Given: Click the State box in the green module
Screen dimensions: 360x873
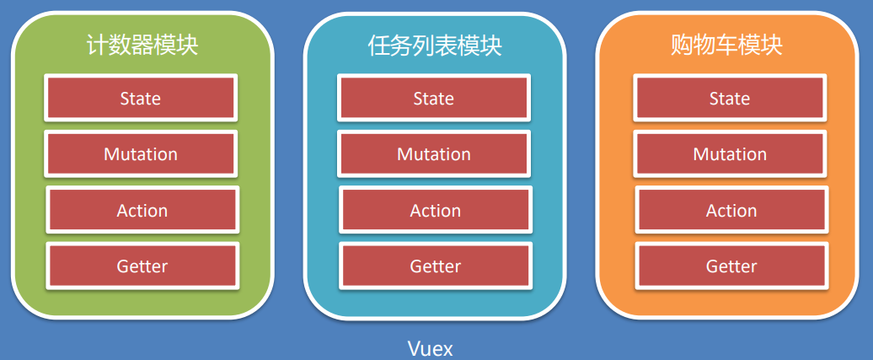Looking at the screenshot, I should (x=141, y=98).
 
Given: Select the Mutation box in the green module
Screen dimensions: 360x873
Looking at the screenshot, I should (x=141, y=153).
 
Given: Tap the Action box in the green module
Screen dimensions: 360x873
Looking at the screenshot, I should (x=142, y=210).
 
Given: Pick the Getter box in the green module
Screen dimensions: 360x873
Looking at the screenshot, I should (x=142, y=266).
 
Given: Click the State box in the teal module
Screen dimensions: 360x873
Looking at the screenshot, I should (x=434, y=98).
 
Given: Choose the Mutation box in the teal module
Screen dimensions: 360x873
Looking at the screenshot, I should (x=434, y=153).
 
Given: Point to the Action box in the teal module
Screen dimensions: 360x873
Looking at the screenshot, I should (x=436, y=210).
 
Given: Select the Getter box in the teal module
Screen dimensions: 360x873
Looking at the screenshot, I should (x=436, y=266).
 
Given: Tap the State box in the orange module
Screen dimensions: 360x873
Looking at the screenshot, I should (x=730, y=98).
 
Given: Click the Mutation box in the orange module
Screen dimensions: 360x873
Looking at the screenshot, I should (x=730, y=153).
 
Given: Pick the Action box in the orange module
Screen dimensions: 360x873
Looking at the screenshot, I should (x=731, y=210).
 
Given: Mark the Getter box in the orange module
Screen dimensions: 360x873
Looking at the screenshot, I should (x=731, y=266).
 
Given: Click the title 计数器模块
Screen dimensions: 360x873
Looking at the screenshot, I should (x=142, y=45).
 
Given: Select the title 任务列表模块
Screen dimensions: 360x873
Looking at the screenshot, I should (x=435, y=45).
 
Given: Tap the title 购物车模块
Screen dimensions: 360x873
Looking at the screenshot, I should (x=726, y=45).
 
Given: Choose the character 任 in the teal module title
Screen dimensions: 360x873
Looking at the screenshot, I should (x=379, y=45).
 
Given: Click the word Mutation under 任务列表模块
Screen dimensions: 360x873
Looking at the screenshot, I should (x=434, y=154).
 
